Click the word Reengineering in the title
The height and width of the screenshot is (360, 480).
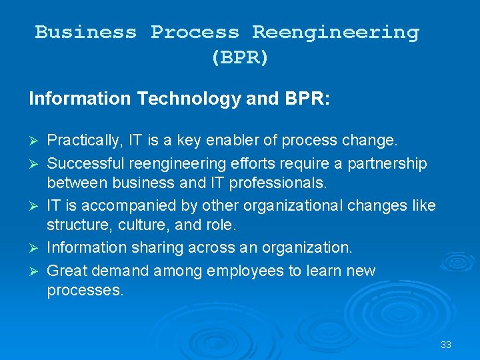[335, 32]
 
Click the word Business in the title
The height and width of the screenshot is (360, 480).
[85, 32]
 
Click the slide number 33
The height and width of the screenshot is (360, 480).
[446, 345]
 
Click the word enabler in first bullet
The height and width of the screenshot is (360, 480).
[248, 141]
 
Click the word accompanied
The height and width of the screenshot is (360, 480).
[117, 205]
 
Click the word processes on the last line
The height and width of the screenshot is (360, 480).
[85, 291]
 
